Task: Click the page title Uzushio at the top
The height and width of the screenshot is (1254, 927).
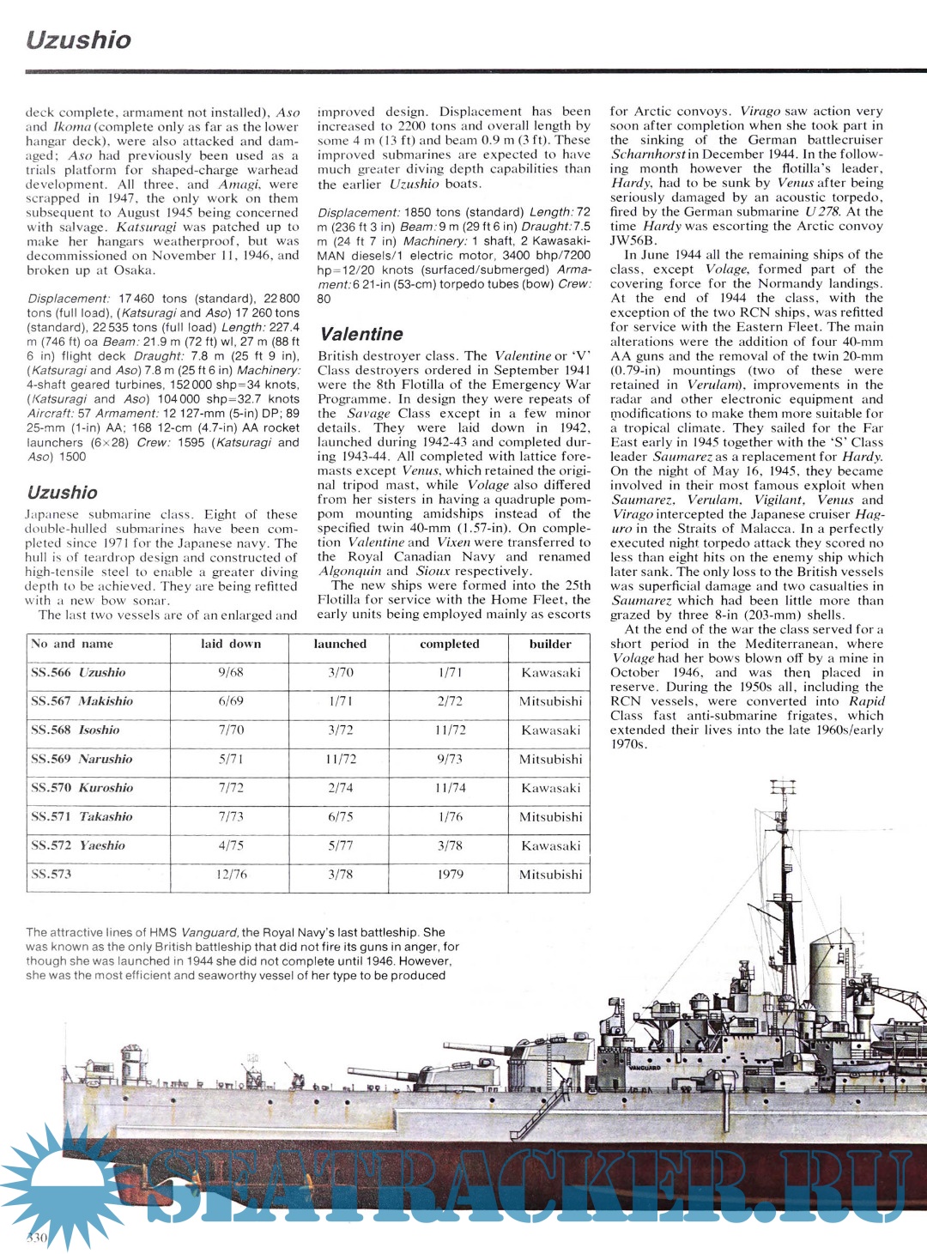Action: [78, 40]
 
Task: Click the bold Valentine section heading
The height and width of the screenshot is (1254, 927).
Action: [360, 334]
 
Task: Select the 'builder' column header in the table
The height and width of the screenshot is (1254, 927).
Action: [550, 644]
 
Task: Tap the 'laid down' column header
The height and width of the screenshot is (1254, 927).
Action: [231, 644]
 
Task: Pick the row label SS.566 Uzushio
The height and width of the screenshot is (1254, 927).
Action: [78, 673]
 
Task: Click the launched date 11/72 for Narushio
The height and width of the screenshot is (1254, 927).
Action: [340, 760]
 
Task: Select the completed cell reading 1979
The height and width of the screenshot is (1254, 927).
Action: [450, 875]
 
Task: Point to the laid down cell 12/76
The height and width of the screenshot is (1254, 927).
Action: [231, 875]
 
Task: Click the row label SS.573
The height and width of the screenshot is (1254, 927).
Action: [51, 875]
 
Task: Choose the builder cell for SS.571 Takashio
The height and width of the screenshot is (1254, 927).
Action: [550, 817]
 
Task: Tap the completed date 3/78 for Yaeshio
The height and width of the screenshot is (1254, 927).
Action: [450, 845]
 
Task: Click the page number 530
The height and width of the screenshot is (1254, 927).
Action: [37, 1238]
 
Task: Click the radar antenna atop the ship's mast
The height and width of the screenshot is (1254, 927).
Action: [782, 786]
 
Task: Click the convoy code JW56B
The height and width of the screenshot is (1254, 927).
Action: [633, 240]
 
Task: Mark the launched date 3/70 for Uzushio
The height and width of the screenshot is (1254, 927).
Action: [340, 673]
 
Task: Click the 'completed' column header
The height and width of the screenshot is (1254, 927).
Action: [450, 644]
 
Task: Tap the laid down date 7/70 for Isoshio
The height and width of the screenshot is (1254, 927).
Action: [231, 730]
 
